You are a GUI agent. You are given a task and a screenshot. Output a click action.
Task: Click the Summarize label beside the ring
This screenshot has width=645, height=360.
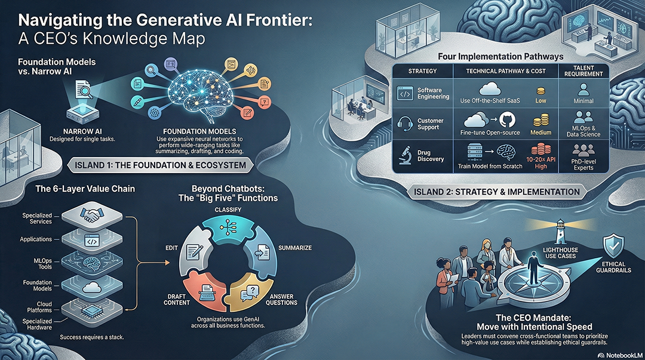[294, 247]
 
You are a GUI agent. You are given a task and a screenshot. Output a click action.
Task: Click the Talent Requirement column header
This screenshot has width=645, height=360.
[583, 70]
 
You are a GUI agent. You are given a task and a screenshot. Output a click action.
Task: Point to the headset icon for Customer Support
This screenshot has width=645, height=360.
[406, 122]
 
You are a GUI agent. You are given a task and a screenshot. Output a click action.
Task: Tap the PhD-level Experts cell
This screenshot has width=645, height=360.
[582, 164]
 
